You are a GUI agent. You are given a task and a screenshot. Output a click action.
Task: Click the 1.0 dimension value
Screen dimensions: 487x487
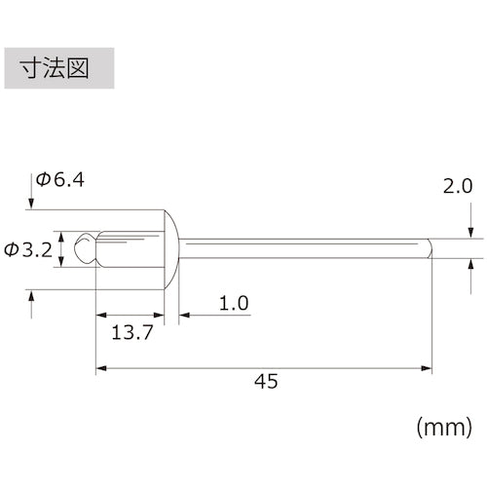[x=233, y=304]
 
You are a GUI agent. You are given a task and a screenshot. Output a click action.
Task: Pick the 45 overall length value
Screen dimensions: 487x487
[x=264, y=381]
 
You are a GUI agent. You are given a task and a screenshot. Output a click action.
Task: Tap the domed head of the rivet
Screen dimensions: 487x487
[x=171, y=248]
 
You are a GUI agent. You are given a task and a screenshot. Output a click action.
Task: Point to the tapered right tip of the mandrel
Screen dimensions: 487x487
[x=428, y=249]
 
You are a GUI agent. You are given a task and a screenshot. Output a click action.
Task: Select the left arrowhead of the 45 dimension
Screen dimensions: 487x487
[x=101, y=368]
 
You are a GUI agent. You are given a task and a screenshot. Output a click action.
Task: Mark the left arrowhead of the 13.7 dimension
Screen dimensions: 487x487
[x=101, y=316]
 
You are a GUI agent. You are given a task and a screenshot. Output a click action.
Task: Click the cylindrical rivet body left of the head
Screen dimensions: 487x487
[x=131, y=248]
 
